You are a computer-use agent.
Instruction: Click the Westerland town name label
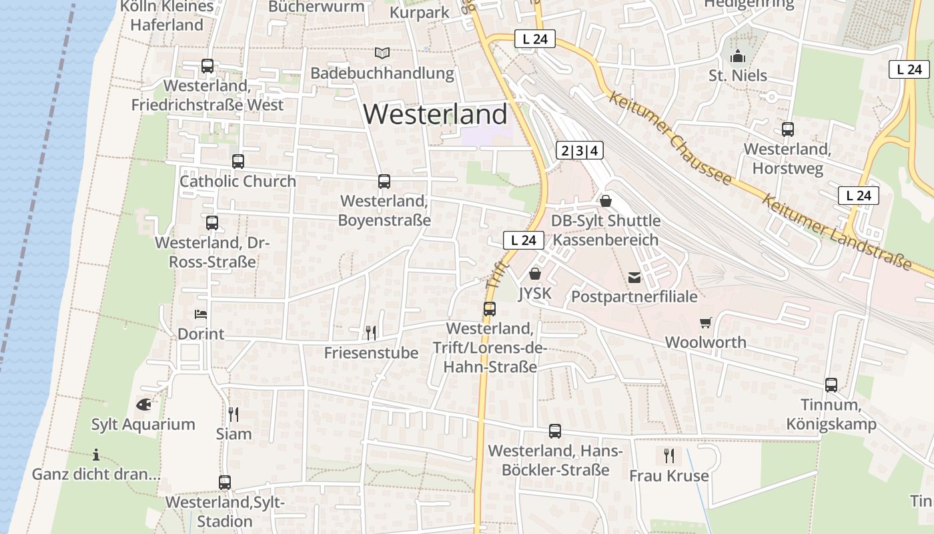[x=435, y=115]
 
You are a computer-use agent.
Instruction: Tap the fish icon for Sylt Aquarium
[x=143, y=404]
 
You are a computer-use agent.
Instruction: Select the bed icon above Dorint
[x=201, y=314]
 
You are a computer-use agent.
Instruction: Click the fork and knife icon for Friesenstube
[x=371, y=332]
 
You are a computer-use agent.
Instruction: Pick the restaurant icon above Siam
[x=233, y=414]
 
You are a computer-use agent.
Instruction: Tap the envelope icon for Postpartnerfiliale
[x=634, y=277]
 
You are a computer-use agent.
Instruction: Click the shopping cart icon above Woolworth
[x=706, y=322]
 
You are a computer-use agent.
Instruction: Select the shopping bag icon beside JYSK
[x=534, y=274]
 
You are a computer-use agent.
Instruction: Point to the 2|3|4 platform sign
[x=579, y=151]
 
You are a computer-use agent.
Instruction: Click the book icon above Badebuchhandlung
[x=382, y=53]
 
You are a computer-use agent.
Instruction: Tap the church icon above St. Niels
[x=738, y=55]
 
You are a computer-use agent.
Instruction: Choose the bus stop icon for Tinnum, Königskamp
[x=831, y=384]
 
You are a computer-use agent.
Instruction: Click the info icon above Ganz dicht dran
[x=96, y=455]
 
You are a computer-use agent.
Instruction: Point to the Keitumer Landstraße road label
[x=837, y=233]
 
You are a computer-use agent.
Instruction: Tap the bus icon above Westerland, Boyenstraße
[x=384, y=181]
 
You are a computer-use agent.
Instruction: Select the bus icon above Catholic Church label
[x=238, y=161]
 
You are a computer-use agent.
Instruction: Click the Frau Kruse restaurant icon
[x=668, y=456]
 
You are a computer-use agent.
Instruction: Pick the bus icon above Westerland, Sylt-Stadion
[x=225, y=482]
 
